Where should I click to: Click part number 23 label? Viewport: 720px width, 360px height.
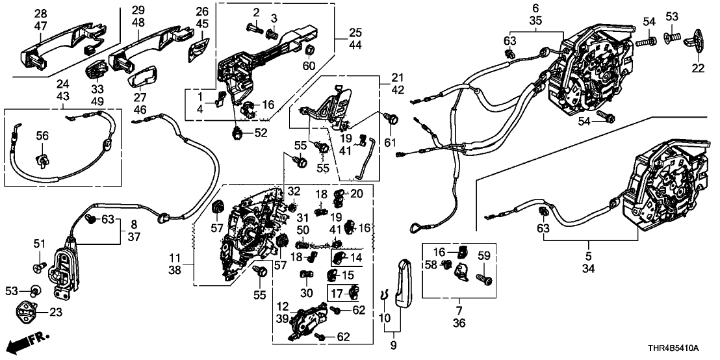[55, 311]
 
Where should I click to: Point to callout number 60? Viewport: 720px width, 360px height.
[309, 65]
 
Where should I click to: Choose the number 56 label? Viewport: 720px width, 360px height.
[42, 136]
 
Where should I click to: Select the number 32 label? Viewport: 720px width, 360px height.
[294, 191]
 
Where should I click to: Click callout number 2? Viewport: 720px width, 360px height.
[256, 12]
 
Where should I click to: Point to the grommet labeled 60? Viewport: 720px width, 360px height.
[310, 50]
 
